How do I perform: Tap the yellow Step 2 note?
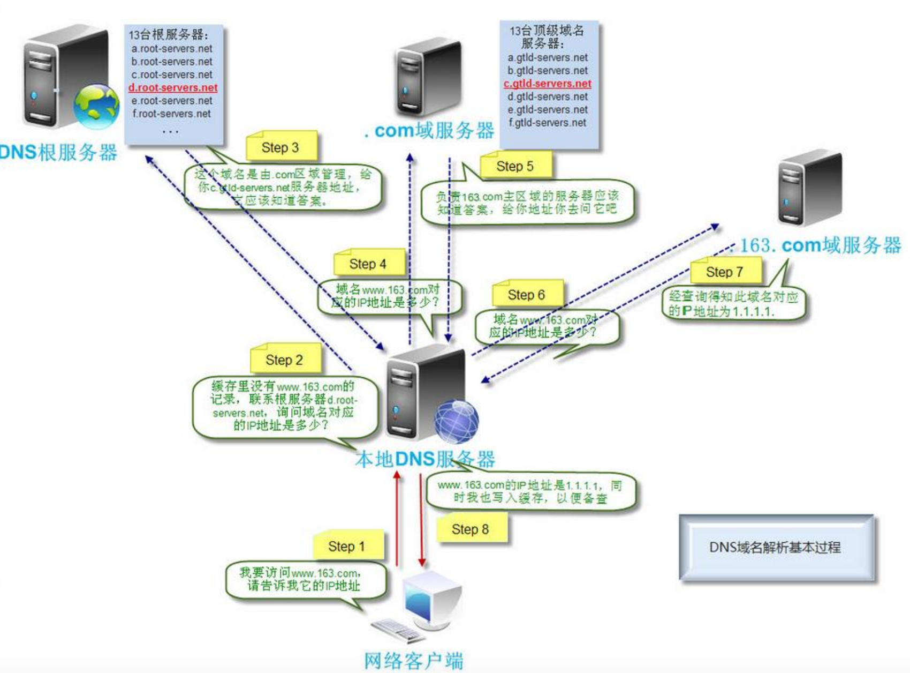285,360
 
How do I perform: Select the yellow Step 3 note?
281,147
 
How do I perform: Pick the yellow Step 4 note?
368,264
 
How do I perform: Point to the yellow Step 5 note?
515,166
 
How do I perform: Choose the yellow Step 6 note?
527,294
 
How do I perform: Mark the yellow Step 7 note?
725,272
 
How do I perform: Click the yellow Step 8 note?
471,529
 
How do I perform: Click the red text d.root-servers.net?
173,87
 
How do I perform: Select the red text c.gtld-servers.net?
547,84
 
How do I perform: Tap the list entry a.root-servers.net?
172,49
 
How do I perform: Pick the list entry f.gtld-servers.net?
547,123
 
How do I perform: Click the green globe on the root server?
96,106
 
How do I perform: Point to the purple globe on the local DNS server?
456,421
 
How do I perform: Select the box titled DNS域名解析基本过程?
776,547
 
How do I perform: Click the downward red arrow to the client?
421,520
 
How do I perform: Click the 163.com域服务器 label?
820,245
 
